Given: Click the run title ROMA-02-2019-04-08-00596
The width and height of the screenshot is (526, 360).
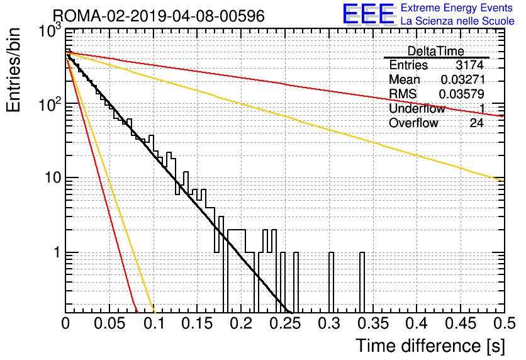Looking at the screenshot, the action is click(159, 16).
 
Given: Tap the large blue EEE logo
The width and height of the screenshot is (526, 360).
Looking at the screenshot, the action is click(369, 14).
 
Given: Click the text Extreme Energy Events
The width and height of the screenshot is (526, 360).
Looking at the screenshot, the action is click(457, 8).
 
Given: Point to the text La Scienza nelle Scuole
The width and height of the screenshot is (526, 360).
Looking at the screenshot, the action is click(457, 21).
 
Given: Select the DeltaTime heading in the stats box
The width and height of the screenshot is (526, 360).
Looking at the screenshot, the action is click(436, 51).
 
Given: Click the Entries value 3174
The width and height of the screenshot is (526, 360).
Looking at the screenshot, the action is click(469, 65).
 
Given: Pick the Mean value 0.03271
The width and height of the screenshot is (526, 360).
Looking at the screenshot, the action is click(463, 79).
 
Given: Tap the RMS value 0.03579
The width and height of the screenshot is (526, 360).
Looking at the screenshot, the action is click(462, 94).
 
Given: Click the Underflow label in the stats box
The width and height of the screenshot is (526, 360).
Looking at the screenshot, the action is click(417, 108).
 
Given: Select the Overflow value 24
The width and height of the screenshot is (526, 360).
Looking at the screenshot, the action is click(476, 123).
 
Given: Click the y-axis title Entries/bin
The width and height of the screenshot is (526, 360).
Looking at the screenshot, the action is click(13, 70).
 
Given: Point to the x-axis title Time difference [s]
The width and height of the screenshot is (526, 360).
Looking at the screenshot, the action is click(430, 346).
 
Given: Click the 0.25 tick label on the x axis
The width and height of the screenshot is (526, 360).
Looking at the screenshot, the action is click(285, 323).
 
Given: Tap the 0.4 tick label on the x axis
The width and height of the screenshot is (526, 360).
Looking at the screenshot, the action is click(417, 323).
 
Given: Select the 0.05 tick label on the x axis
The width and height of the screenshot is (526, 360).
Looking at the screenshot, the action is click(109, 323).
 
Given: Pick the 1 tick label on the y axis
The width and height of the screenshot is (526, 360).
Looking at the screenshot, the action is click(57, 252).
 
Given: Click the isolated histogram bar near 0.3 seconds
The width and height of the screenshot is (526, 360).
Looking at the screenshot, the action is click(332, 282).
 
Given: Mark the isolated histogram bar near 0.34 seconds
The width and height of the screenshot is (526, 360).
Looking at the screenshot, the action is click(362, 282).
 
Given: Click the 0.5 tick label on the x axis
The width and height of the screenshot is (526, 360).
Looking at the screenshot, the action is click(505, 323).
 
